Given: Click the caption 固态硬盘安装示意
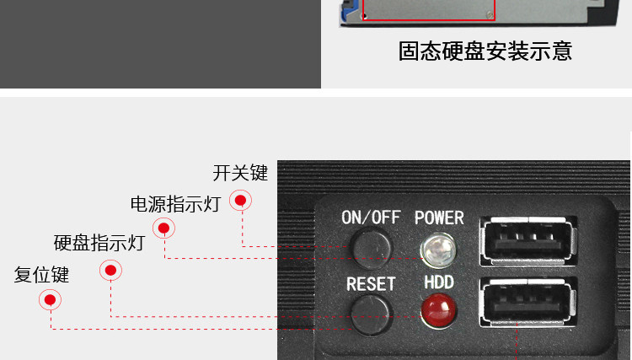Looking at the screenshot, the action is point(485,51).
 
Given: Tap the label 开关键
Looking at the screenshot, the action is point(240,173).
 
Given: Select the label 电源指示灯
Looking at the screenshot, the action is point(175,204).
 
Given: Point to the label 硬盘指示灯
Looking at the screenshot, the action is point(99,244).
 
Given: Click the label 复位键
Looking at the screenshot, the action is point(42,275).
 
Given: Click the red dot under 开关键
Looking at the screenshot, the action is point(241,201).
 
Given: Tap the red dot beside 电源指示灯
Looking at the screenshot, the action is point(163,228).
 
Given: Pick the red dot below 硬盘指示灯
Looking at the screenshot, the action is point(110,270).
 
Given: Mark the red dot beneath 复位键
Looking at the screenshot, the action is point(51,299).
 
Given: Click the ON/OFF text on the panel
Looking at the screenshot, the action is point(371,217).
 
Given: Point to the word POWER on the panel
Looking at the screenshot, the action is point(439,217).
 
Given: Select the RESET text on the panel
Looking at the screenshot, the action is point(371,283).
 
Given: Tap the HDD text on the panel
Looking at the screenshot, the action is point(439,282).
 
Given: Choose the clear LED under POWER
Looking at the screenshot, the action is point(437,248).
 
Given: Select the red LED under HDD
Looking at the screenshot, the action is point(437,309).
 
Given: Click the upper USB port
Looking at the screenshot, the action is point(528,240).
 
